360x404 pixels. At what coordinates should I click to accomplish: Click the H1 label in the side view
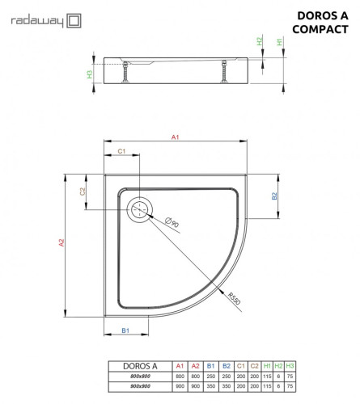(280, 41)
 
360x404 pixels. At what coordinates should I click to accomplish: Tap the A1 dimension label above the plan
(175, 138)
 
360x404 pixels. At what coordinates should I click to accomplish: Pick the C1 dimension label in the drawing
(121, 151)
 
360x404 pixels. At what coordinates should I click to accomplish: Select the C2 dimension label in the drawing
(83, 191)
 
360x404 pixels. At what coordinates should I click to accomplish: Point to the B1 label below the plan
(125, 331)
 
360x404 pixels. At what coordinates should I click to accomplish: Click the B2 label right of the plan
(274, 196)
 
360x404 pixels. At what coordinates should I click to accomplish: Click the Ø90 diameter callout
(172, 222)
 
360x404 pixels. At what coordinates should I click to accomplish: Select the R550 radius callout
(235, 300)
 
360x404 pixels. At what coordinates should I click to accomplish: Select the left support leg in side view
(126, 74)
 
